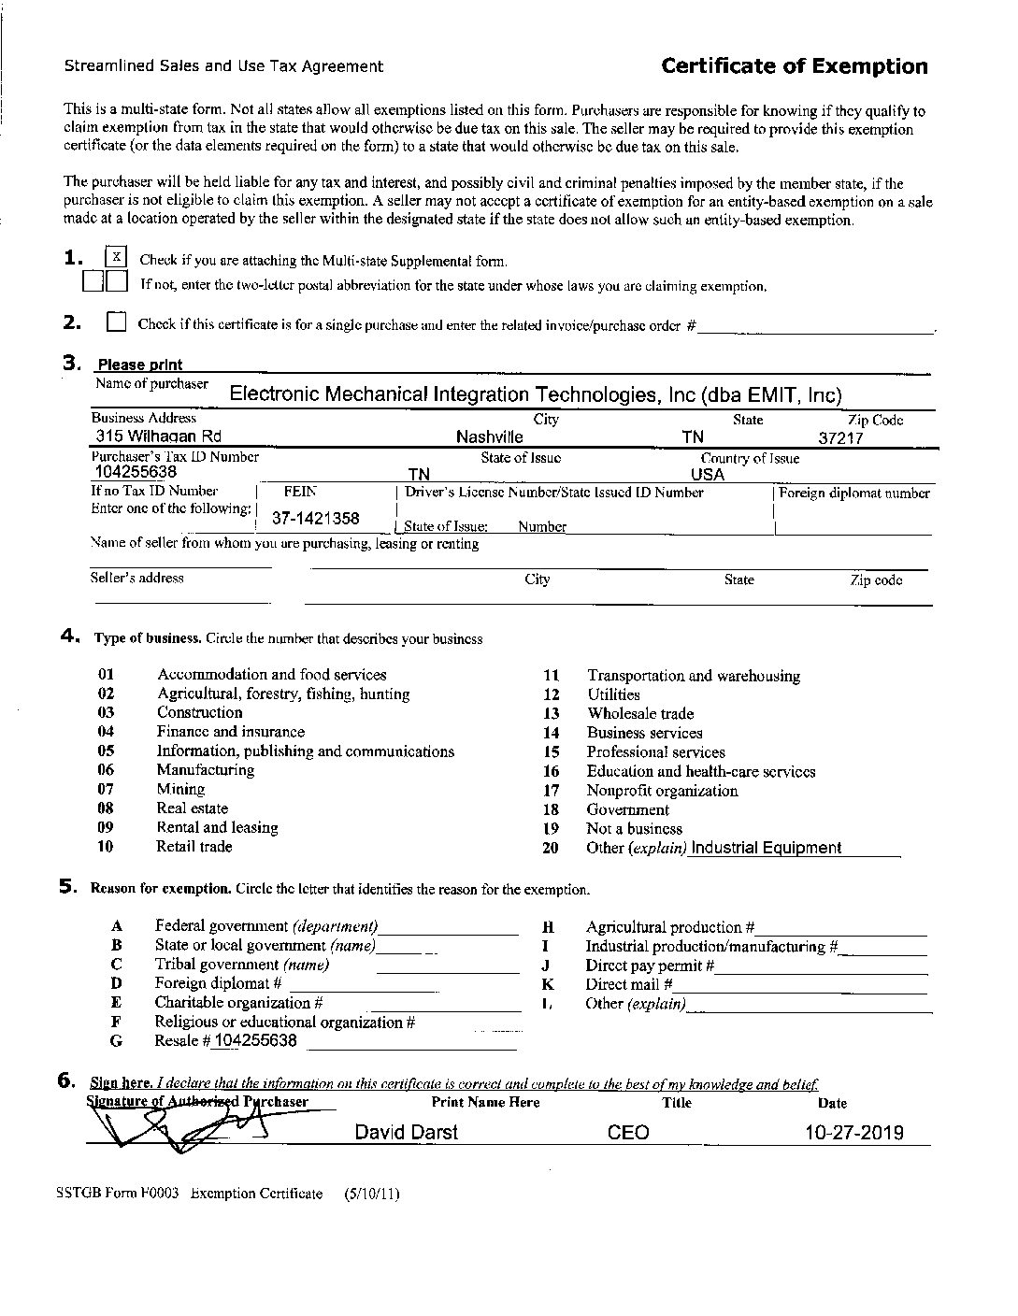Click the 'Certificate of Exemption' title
coord(794,66)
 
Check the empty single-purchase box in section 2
coord(116,323)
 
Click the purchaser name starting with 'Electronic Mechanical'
coord(536,394)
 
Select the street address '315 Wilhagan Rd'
coord(158,436)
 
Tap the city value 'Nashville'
coord(489,437)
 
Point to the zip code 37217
coord(840,437)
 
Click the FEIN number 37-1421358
coord(315,518)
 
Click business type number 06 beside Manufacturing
coord(106,770)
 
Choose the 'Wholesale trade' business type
coord(640,714)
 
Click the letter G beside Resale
coord(116,1041)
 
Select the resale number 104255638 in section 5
coord(255,1041)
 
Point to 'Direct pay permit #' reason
coord(650,966)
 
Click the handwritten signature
coord(178,1131)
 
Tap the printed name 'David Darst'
coord(406,1133)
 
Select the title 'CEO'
coord(628,1133)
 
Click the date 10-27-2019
coord(854,1133)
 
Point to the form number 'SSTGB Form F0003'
coord(122,1194)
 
